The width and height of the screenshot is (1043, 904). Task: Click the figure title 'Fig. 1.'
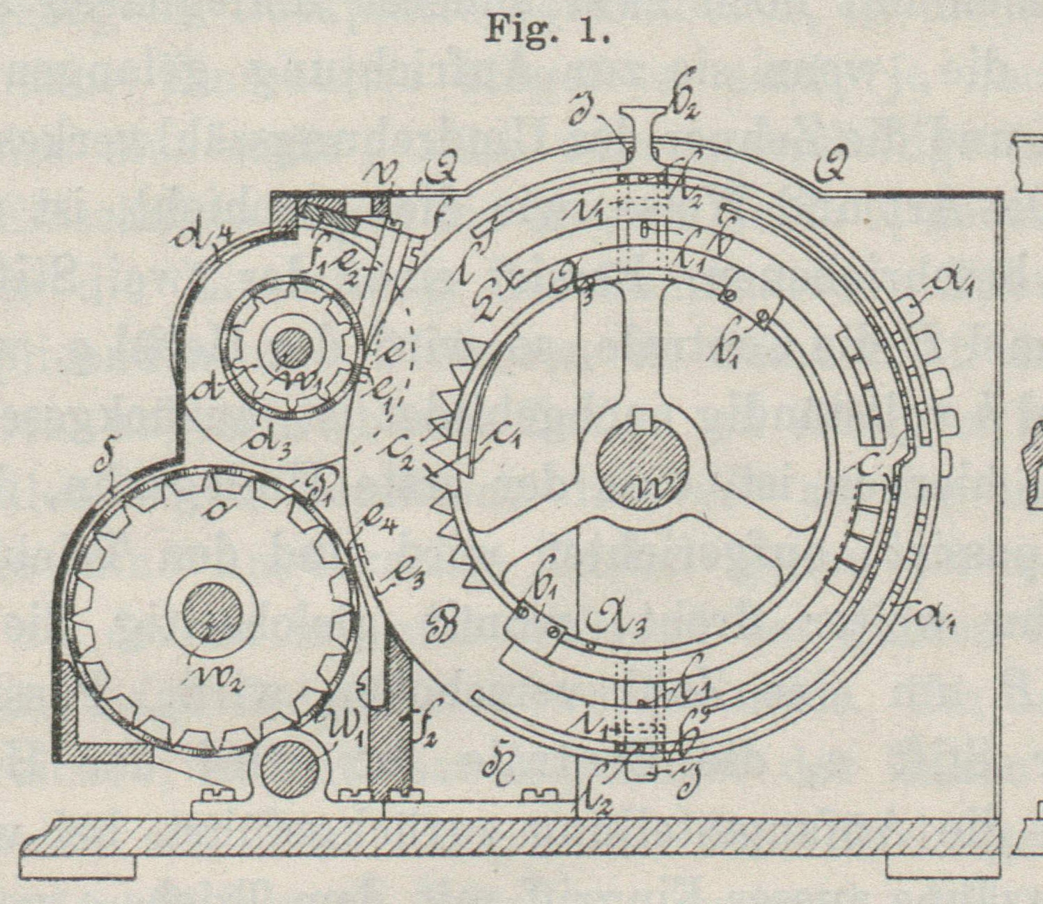547,29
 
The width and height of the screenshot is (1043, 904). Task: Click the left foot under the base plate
77,866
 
